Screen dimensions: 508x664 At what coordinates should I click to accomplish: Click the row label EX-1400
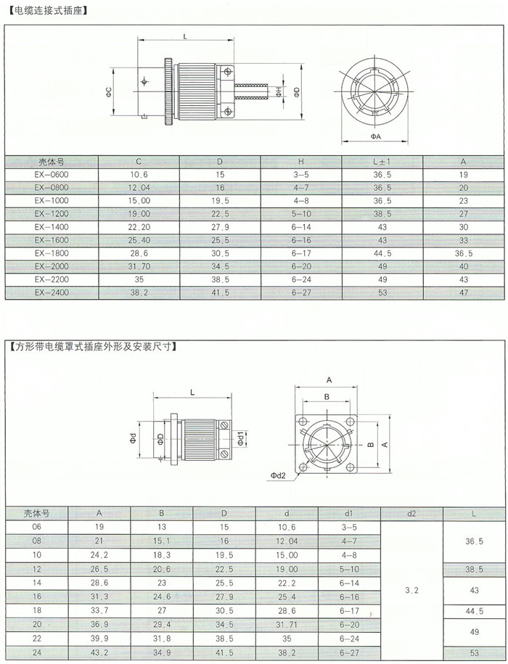pyautogui.click(x=52, y=227)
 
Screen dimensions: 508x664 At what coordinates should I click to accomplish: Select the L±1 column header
pyautogui.click(x=382, y=162)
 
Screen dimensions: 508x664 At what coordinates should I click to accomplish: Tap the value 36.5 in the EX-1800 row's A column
pyautogui.click(x=463, y=253)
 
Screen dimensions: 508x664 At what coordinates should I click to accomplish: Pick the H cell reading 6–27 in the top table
pyautogui.click(x=301, y=292)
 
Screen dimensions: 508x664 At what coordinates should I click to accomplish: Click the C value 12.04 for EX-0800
pyautogui.click(x=139, y=188)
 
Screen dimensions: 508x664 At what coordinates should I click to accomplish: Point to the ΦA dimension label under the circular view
pyautogui.click(x=375, y=136)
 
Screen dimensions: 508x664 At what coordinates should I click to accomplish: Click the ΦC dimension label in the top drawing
pyautogui.click(x=109, y=92)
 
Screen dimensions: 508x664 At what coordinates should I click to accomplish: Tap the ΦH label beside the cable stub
pyautogui.click(x=279, y=92)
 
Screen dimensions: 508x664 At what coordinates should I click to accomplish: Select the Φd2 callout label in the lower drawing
pyautogui.click(x=278, y=475)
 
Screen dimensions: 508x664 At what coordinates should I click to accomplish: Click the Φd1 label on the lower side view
pyautogui.click(x=240, y=439)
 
